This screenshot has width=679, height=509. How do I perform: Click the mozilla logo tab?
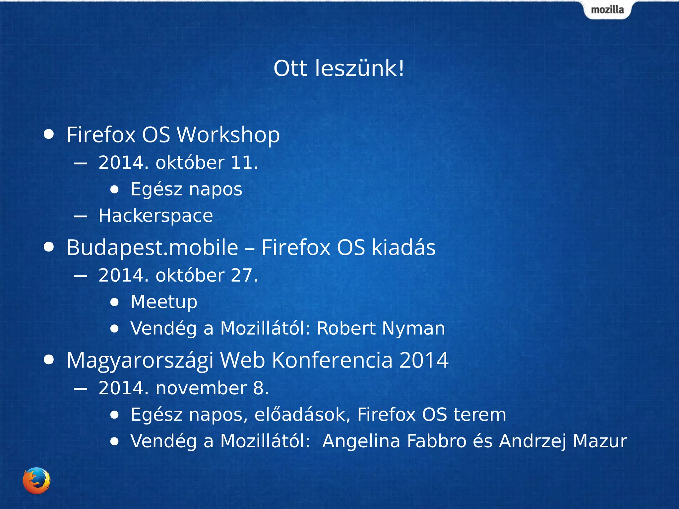[x=607, y=10]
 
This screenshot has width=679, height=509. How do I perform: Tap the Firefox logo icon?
[x=36, y=481]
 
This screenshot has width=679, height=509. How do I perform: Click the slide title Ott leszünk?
[x=339, y=69]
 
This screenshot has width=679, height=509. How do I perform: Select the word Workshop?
[x=228, y=135]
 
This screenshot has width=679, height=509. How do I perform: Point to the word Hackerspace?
[x=155, y=216]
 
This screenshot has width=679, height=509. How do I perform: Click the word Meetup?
[x=164, y=302]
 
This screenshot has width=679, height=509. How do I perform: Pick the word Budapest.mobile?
[x=152, y=248]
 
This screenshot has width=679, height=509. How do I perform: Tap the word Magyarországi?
[x=140, y=361]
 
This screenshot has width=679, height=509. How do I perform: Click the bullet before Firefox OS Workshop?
[x=49, y=134]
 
